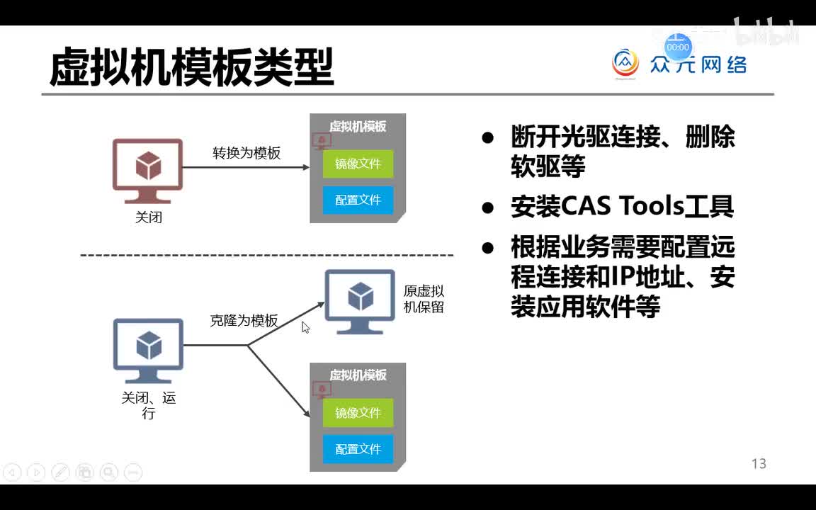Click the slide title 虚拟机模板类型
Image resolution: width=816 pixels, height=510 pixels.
pos(191,68)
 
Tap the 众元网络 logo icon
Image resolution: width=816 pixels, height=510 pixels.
pos(625,64)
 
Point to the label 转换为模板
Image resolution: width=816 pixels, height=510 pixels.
pos(246,153)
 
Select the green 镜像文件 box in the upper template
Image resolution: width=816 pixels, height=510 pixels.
pos(358,164)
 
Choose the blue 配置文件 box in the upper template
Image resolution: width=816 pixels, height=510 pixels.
pos(358,200)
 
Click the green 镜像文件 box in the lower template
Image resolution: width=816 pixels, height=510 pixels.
pos(358,413)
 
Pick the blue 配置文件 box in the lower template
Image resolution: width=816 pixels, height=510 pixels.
pos(358,449)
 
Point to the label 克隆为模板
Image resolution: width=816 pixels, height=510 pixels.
pos(244,320)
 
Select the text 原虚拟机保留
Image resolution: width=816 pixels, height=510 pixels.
pos(424,299)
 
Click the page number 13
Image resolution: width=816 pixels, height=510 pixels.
pos(759,464)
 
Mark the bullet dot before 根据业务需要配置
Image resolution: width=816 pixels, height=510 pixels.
pos(487,248)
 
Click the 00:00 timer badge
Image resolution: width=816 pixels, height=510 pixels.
pos(678,47)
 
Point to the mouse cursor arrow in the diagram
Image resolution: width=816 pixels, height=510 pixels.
pos(305,327)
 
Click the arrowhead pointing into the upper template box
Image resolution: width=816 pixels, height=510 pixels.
pos(305,167)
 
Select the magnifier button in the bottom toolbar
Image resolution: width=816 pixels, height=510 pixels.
pos(108,472)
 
